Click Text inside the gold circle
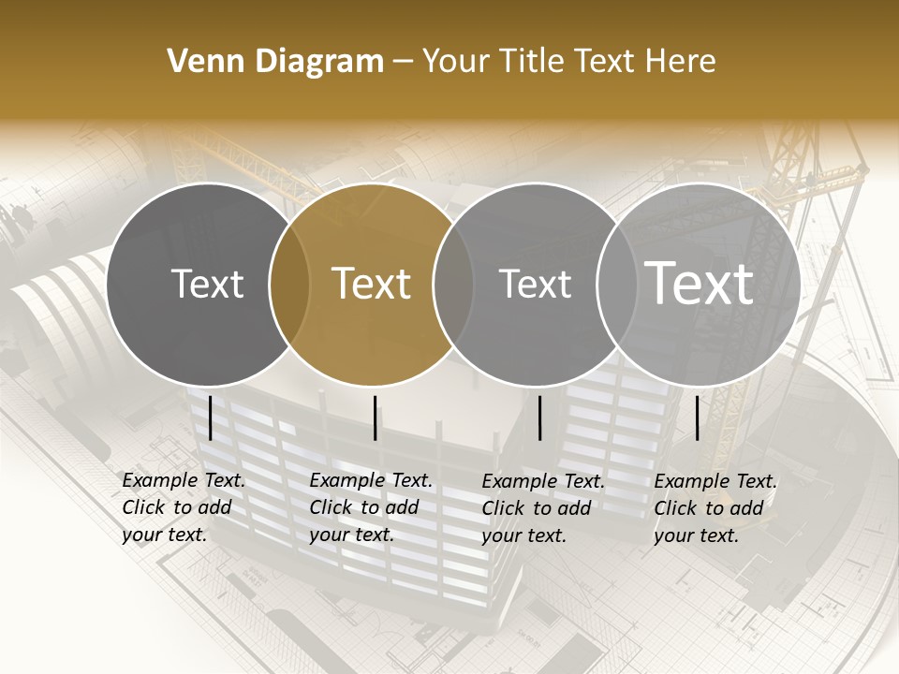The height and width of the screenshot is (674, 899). [372, 284]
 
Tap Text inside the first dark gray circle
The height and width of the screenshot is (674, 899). [208, 284]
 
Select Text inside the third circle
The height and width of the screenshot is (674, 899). [535, 284]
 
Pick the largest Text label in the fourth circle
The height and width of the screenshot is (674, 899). [700, 284]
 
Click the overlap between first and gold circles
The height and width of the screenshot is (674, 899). [289, 284]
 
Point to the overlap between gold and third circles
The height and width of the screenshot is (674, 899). [453, 284]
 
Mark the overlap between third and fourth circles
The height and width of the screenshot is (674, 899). [616, 284]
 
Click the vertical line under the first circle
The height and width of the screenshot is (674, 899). [211, 418]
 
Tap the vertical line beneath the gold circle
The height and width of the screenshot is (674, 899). [376, 418]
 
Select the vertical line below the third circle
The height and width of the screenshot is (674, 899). [540, 418]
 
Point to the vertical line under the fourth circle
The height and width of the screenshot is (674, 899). [698, 418]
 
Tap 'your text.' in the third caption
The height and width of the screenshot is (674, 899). [524, 536]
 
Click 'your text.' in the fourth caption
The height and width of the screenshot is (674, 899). [697, 536]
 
